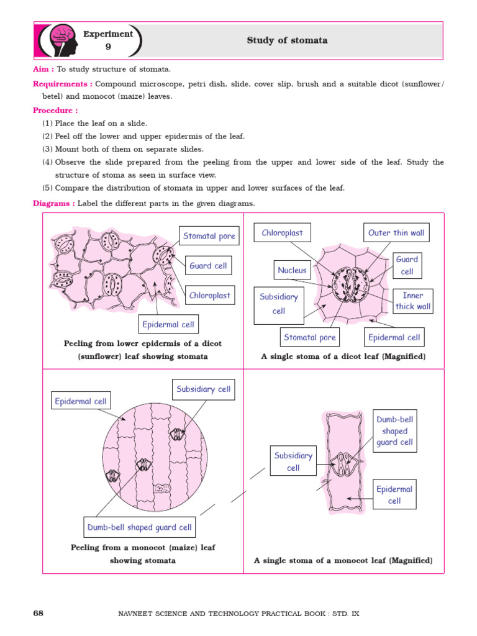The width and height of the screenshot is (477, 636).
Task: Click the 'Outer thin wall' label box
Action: tap(396, 233)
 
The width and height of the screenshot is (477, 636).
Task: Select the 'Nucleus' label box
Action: tap(292, 270)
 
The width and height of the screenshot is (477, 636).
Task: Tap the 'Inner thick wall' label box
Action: tap(413, 301)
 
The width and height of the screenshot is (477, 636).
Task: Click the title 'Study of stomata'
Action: tap(287, 41)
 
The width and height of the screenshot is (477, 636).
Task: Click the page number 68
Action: tap(38, 614)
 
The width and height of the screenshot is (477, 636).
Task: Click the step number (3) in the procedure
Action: tap(47, 149)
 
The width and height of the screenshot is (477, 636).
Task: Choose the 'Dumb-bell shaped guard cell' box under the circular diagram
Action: tap(140, 527)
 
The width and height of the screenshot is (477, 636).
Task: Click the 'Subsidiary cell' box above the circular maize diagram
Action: tap(203, 389)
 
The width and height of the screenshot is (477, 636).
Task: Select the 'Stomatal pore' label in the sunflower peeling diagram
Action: tap(209, 236)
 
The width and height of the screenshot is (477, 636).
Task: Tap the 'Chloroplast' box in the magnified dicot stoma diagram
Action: tap(282, 233)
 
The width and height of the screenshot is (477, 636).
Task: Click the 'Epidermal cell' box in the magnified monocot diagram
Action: tap(394, 495)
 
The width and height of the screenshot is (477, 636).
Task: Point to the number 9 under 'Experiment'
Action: tap(108, 47)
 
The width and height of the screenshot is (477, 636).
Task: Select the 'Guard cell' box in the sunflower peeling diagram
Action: tap(208, 266)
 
